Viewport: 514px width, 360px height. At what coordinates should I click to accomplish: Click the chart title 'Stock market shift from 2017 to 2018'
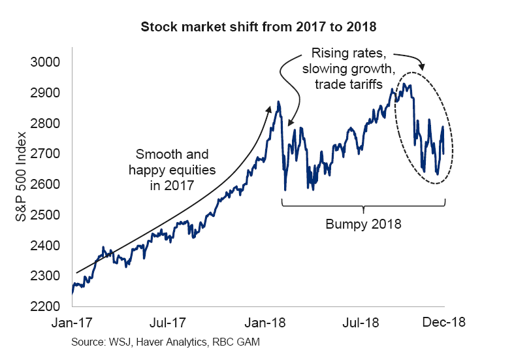[257, 29]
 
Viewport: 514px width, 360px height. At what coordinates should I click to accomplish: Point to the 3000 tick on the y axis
[45, 63]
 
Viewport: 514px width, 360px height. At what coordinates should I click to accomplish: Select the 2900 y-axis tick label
[45, 93]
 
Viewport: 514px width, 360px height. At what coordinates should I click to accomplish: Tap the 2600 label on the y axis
[45, 185]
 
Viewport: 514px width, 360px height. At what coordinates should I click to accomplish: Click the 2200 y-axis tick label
[45, 306]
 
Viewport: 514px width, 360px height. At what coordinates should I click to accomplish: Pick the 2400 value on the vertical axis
[45, 246]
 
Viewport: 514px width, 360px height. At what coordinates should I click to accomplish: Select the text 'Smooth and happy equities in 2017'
[172, 170]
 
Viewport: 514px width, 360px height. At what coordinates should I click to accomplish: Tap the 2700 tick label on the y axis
[45, 154]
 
